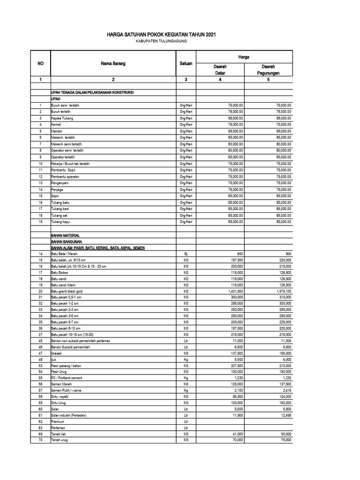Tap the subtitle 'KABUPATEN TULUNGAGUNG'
coord(161,42)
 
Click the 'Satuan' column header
coord(186,64)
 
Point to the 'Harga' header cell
coord(244,57)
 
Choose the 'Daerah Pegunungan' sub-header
coord(268,70)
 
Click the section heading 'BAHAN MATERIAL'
coord(66,235)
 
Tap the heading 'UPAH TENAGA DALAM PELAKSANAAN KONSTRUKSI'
coord(92,93)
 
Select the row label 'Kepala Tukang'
coord(62,119)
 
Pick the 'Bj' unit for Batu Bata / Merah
coord(186,253)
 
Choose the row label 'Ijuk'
coord(54,359)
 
